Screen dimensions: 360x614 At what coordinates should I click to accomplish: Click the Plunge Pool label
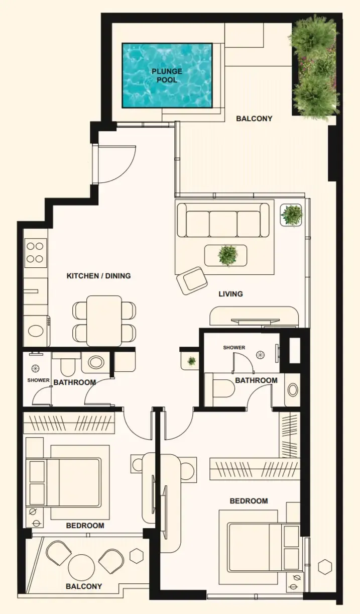click(167, 75)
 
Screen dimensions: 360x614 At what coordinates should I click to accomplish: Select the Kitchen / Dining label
click(98, 276)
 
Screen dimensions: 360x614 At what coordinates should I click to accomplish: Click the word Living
click(230, 294)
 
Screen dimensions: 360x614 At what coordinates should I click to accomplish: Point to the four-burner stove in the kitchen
click(35, 253)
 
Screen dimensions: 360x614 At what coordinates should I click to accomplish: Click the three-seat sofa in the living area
click(223, 220)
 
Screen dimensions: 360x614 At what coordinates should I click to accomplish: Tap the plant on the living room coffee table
click(227, 255)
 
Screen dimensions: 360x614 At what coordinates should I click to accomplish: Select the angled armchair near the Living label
click(192, 281)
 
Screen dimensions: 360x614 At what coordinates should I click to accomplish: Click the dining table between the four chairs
click(104, 321)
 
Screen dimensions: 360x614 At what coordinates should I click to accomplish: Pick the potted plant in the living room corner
click(291, 215)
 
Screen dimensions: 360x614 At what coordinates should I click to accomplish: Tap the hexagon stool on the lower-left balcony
click(137, 555)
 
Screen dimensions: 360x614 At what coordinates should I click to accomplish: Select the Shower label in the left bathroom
click(38, 380)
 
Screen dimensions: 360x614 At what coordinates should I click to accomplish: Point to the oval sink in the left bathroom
click(96, 362)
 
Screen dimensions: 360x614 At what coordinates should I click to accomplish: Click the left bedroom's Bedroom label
click(85, 526)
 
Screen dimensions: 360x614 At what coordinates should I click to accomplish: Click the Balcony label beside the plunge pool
click(254, 119)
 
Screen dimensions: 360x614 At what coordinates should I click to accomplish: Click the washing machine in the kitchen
click(36, 331)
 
